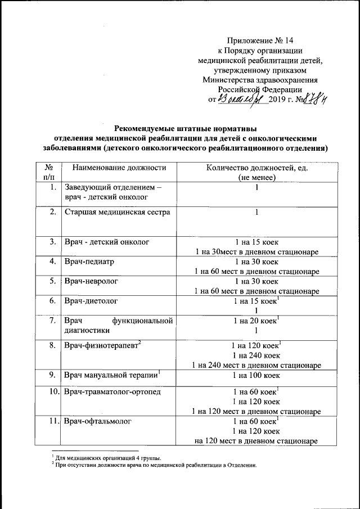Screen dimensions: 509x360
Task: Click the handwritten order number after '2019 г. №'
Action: (x=314, y=99)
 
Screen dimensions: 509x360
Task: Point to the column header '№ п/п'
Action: (x=48, y=172)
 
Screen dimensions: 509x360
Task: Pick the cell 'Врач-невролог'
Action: (x=91, y=281)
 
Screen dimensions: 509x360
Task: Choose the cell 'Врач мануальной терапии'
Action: (x=111, y=374)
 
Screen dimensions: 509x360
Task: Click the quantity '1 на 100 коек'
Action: (x=256, y=374)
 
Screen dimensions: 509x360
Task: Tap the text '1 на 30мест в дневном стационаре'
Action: (x=256, y=251)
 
